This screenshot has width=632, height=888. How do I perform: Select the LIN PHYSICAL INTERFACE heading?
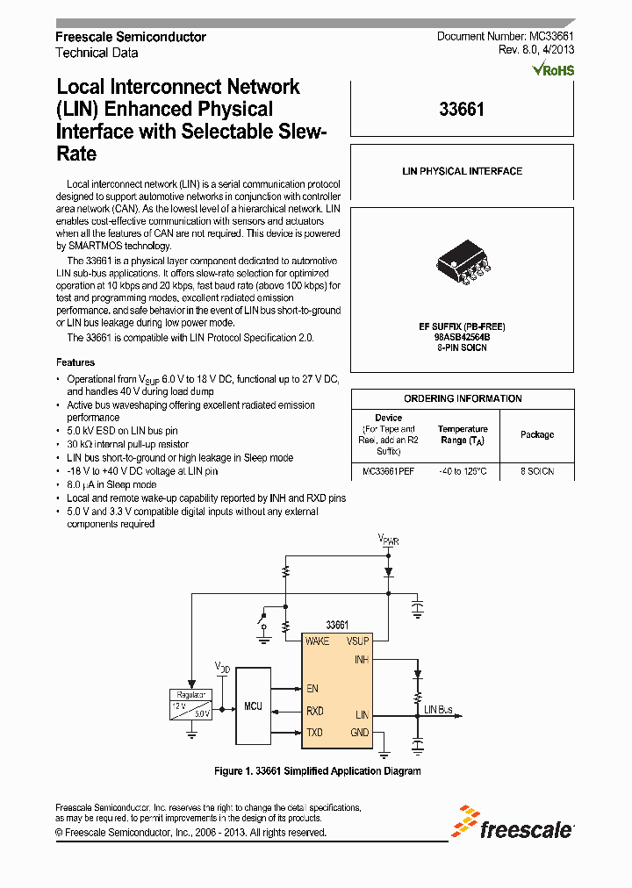[x=462, y=172]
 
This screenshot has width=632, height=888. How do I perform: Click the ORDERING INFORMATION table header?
[x=463, y=398]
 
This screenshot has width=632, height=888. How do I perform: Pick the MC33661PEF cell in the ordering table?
[x=389, y=471]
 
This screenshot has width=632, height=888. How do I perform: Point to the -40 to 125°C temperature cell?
[x=463, y=471]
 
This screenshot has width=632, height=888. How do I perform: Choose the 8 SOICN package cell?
[x=537, y=471]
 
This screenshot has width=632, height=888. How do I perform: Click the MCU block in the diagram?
[x=254, y=705]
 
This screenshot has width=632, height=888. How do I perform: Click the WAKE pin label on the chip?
[x=317, y=641]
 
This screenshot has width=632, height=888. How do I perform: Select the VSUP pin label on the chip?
[x=358, y=641]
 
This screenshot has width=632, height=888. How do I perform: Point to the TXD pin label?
[x=314, y=733]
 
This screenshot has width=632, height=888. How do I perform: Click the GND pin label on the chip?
[x=360, y=733]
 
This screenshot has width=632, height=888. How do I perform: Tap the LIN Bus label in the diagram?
[x=438, y=709]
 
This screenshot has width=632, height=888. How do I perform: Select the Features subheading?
[x=75, y=362]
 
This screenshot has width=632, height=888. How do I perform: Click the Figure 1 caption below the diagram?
[x=318, y=771]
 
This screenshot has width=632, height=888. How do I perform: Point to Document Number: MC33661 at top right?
[x=506, y=36]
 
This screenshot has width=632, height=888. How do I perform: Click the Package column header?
[x=537, y=434]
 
